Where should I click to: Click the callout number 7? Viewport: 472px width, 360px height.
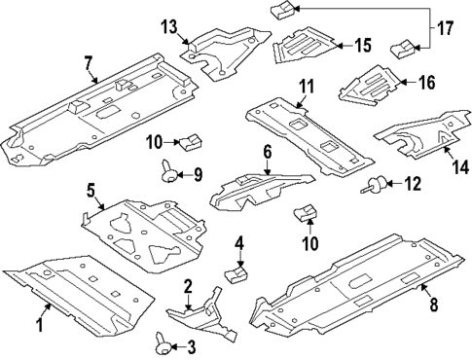90,63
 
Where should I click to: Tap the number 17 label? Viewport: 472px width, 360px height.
446,28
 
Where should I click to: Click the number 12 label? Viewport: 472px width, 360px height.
413,184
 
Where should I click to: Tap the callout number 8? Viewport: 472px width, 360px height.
433,305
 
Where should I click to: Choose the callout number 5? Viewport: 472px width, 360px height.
91,191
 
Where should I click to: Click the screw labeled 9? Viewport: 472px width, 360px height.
169,172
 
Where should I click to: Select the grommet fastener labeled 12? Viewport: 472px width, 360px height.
374,185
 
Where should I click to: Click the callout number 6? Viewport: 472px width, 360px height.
267,154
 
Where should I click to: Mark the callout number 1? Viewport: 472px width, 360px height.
40,325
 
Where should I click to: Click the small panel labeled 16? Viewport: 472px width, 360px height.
369,87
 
